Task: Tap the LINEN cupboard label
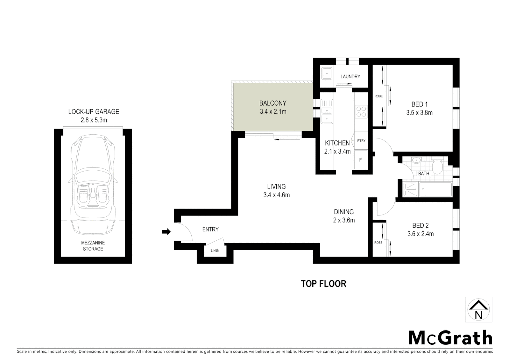pyautogui.click(x=215, y=250)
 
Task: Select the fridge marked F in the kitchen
pyautogui.click(x=360, y=160)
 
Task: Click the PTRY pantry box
pyautogui.click(x=361, y=141)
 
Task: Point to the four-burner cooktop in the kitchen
pyautogui.click(x=361, y=111)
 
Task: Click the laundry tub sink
pyautogui.click(x=327, y=73)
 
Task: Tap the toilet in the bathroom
pyautogui.click(x=437, y=165)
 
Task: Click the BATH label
pyautogui.click(x=424, y=173)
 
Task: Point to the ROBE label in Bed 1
pyautogui.click(x=378, y=96)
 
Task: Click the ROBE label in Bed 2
pyautogui.click(x=378, y=243)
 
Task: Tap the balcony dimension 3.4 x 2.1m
pyautogui.click(x=273, y=112)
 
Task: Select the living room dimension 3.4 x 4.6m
pyautogui.click(x=276, y=195)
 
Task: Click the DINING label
pyautogui.click(x=344, y=212)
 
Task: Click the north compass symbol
pyautogui.click(x=478, y=310)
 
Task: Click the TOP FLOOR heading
pyautogui.click(x=323, y=284)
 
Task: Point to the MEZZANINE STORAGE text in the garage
pyautogui.click(x=93, y=246)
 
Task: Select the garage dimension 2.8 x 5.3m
pyautogui.click(x=94, y=120)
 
